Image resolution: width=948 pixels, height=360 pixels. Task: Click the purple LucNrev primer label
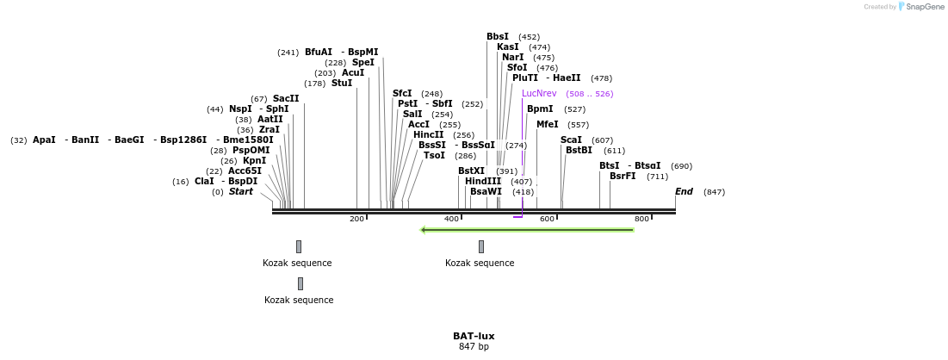click(x=539, y=93)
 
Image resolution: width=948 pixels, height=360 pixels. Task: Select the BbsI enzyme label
click(x=498, y=36)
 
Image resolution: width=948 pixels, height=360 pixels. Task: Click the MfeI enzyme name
click(x=548, y=124)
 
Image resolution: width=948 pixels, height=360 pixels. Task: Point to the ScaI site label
click(x=571, y=140)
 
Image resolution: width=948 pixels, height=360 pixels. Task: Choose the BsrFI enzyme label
click(x=623, y=176)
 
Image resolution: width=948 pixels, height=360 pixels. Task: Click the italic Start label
click(x=240, y=191)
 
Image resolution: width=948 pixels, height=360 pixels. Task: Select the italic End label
click(x=684, y=191)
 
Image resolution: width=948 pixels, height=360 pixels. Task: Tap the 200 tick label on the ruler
click(x=356, y=220)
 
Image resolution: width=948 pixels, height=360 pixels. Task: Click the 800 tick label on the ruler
click(x=641, y=220)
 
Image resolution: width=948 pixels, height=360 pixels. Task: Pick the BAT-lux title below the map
click(x=474, y=336)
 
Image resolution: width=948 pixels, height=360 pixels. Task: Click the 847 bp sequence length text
click(x=474, y=347)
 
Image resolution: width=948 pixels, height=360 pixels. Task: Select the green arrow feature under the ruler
click(x=527, y=230)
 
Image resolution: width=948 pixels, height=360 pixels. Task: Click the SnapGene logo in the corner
click(x=920, y=7)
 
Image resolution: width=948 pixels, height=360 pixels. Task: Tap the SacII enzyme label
click(x=286, y=98)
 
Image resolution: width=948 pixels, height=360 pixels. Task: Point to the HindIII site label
click(x=483, y=181)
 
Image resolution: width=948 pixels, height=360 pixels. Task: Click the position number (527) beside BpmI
click(x=574, y=109)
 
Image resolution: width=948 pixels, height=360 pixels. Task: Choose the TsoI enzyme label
click(x=434, y=155)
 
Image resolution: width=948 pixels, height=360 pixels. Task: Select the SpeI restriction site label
click(x=362, y=62)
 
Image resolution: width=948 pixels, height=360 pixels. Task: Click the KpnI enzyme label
click(x=254, y=160)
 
